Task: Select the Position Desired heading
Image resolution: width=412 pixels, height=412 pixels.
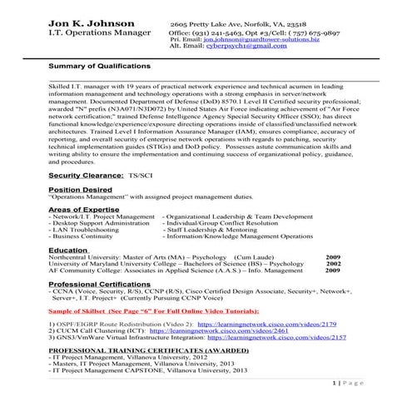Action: click(x=81, y=190)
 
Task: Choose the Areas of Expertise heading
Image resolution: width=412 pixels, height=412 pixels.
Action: click(x=84, y=210)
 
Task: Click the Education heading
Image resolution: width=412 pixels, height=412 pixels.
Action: click(x=68, y=250)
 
